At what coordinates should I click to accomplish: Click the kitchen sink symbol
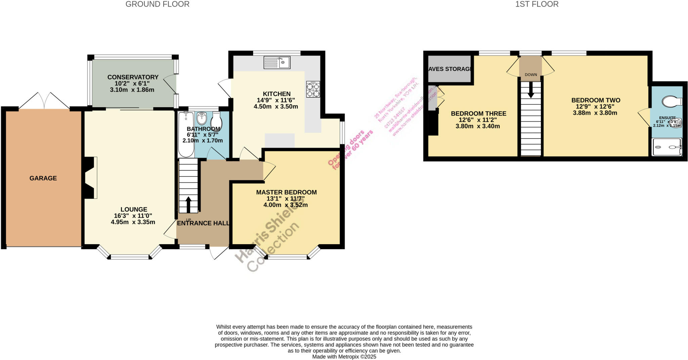(277, 62)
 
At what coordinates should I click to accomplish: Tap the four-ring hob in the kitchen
(313, 89)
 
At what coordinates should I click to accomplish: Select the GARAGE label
(43, 178)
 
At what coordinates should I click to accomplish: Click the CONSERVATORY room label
(133, 77)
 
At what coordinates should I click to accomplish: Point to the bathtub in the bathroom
(185, 134)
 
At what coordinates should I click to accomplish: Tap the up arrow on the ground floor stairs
(188, 204)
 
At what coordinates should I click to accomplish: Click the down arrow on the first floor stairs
(531, 90)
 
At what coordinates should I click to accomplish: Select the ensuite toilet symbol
(671, 101)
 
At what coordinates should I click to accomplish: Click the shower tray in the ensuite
(667, 147)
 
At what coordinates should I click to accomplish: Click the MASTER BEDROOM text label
(286, 192)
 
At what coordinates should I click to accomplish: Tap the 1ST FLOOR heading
(537, 4)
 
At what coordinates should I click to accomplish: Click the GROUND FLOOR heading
(157, 4)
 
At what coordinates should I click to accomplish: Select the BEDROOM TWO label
(596, 100)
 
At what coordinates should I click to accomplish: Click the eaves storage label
(450, 69)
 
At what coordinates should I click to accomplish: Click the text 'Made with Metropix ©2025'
(344, 357)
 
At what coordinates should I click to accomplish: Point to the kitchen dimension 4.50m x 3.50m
(275, 107)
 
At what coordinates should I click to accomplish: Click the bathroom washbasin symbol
(202, 118)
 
